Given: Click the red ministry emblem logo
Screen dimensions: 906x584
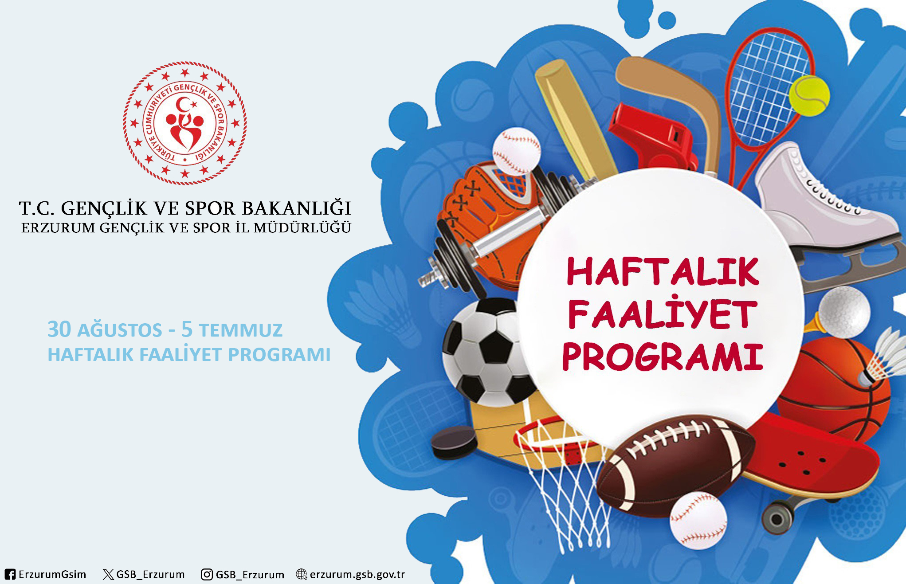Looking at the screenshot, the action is [185, 123].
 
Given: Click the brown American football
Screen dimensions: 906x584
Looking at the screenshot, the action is [675, 466].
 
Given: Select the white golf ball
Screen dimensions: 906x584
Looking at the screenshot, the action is [844, 312].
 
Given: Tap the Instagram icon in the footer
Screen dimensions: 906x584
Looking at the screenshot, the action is [207, 574].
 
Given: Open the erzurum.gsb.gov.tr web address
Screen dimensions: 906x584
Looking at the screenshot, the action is [357, 574].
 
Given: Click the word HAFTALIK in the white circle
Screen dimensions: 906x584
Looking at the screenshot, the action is [663, 272].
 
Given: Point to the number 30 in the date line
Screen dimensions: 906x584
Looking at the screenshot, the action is [59, 329].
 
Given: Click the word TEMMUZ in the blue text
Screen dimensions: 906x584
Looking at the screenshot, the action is [241, 330].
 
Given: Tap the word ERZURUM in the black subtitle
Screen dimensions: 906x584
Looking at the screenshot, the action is [58, 228].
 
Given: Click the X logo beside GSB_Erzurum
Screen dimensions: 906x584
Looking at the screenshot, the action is [108, 575].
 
